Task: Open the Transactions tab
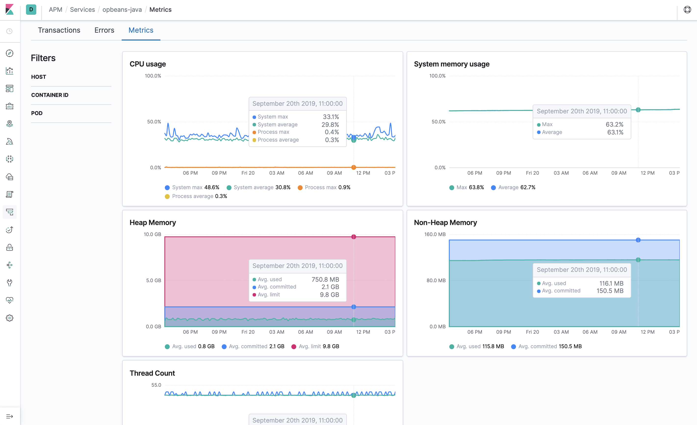click(x=59, y=30)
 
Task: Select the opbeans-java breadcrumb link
click(x=122, y=10)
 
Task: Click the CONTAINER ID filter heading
click(x=50, y=95)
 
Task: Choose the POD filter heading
click(x=37, y=113)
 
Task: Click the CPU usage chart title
click(x=147, y=64)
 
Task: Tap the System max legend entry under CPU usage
click(x=192, y=187)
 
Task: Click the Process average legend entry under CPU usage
click(x=196, y=196)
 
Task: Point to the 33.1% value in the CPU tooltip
click(x=331, y=117)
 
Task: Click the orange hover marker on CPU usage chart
click(x=354, y=167)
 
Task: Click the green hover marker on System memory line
click(x=638, y=110)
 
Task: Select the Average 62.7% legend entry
click(x=513, y=187)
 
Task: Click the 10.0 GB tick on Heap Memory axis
click(x=152, y=234)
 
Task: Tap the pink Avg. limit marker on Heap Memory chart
click(x=354, y=237)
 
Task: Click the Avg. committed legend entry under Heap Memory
click(x=253, y=346)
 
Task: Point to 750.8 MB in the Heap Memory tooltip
click(x=325, y=279)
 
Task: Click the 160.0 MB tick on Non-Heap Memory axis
click(x=435, y=234)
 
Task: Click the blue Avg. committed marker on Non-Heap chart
click(x=638, y=240)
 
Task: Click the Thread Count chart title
click(x=152, y=373)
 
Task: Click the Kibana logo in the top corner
click(x=10, y=10)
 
